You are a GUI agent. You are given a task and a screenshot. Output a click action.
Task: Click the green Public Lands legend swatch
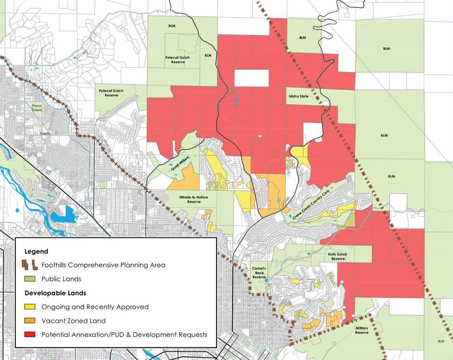30,279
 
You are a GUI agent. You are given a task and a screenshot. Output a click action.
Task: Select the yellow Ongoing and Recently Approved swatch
30,307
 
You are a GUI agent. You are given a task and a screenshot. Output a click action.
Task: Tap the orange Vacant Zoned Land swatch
30,321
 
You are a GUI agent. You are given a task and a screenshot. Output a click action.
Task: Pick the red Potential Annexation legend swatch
30,335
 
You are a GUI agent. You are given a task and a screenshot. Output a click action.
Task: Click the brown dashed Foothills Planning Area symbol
30,265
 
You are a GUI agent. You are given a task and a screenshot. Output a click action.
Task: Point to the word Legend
36,251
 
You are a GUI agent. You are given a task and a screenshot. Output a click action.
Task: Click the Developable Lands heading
55,293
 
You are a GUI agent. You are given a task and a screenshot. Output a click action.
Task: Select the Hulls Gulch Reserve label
337,256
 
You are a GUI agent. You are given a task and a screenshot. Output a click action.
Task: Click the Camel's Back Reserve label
259,273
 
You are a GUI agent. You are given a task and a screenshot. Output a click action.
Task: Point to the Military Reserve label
362,330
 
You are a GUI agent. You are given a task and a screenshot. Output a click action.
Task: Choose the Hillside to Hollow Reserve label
194,199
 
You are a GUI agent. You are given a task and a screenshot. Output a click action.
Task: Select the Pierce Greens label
37,108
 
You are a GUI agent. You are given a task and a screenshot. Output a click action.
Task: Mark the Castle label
45,134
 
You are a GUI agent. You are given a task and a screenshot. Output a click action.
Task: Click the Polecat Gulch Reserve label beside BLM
178,60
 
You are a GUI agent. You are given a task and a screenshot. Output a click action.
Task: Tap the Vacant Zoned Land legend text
74,321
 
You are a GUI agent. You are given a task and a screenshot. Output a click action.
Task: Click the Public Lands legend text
61,279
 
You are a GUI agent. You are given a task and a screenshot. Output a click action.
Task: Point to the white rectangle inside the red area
252,78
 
